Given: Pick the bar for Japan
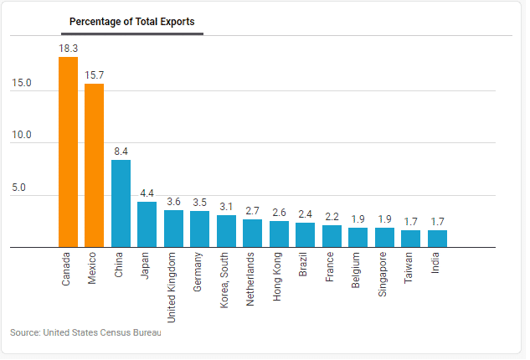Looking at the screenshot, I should tap(147, 224).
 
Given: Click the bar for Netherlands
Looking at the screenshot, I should tap(252, 234).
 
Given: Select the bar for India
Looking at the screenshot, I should tap(437, 239).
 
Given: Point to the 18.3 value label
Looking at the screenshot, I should tap(68, 49).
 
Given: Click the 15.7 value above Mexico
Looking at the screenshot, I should tap(94, 75).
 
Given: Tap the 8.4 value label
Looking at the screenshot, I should tap(121, 152).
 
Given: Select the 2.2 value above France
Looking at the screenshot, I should tap(332, 217).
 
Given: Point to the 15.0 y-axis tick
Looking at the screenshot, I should tap(22, 83).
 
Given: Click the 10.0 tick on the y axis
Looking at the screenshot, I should tap(22, 136).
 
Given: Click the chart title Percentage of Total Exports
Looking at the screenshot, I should tap(132, 21).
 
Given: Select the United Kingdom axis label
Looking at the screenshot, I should tap(173, 286).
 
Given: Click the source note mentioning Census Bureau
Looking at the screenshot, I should tap(85, 332).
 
